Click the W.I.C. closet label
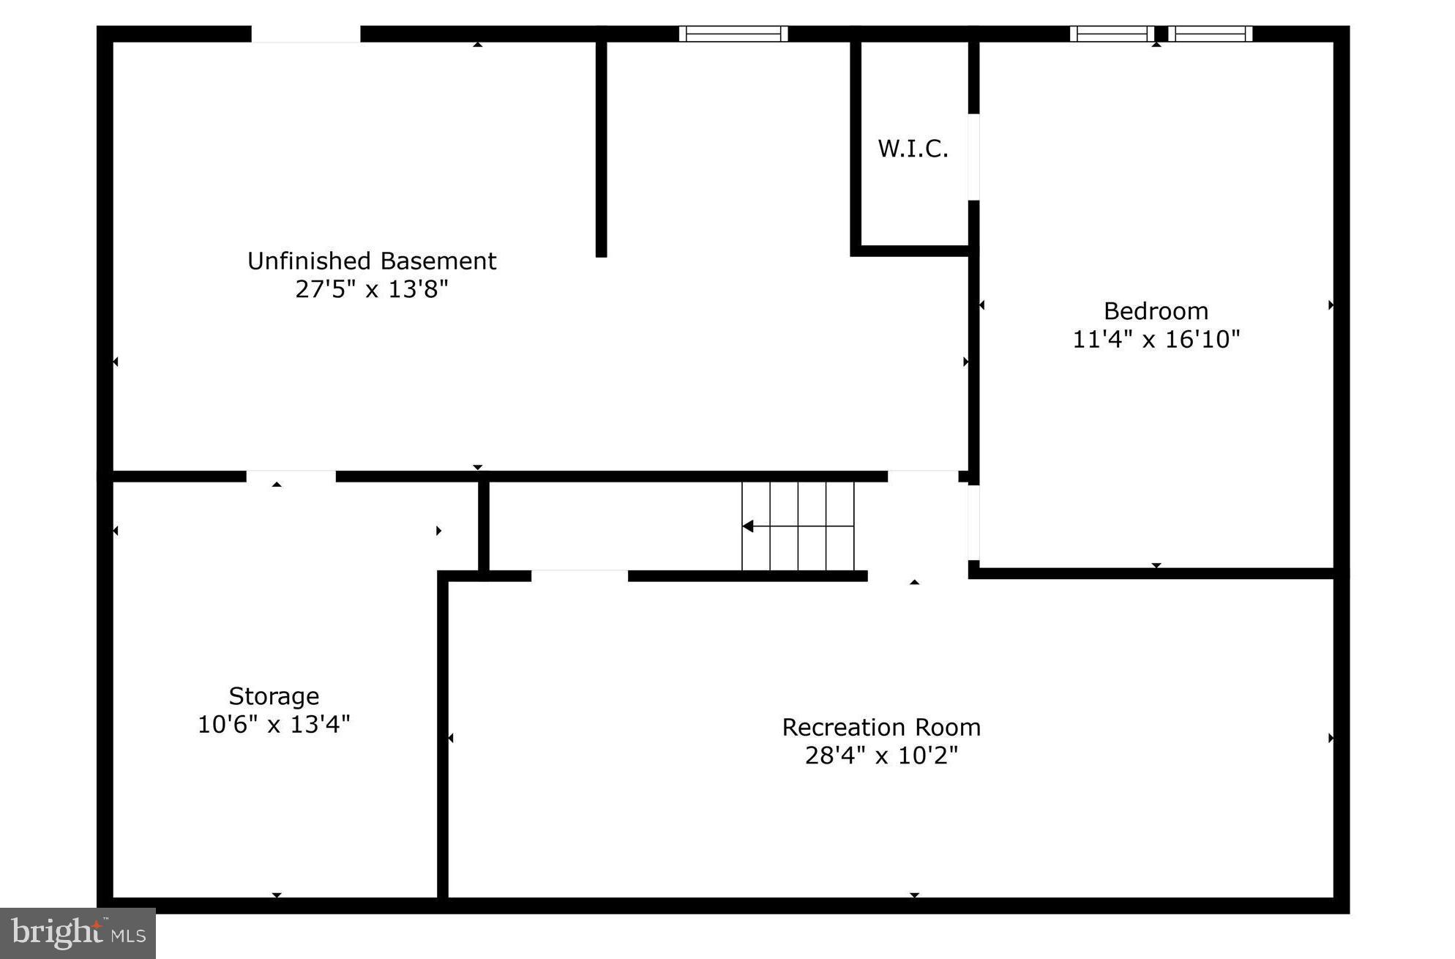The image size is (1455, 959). pyautogui.click(x=913, y=149)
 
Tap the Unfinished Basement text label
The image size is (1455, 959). pyautogui.click(x=372, y=261)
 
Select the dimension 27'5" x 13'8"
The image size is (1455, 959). pyautogui.click(x=372, y=289)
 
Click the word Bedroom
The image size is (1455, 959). pyautogui.click(x=1156, y=311)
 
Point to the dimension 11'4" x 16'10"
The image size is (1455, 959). pyautogui.click(x=1156, y=340)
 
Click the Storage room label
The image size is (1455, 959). pyautogui.click(x=274, y=695)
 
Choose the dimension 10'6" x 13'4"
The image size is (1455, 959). pyautogui.click(x=274, y=725)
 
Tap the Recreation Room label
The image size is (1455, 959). pyautogui.click(x=881, y=727)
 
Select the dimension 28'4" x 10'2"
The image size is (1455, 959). pyautogui.click(x=881, y=755)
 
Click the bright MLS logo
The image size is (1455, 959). pyautogui.click(x=78, y=933)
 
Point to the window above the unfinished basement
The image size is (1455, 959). pyautogui.click(x=733, y=34)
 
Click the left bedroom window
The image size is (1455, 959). pyautogui.click(x=1112, y=34)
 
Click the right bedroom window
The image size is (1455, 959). pyautogui.click(x=1210, y=34)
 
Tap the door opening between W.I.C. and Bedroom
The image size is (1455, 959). pyautogui.click(x=973, y=157)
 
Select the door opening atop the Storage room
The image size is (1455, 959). pyautogui.click(x=291, y=477)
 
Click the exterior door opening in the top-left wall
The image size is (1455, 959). pyautogui.click(x=306, y=34)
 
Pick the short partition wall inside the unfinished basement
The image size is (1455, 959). pyautogui.click(x=601, y=146)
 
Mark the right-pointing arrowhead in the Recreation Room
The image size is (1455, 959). pyautogui.click(x=1331, y=738)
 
